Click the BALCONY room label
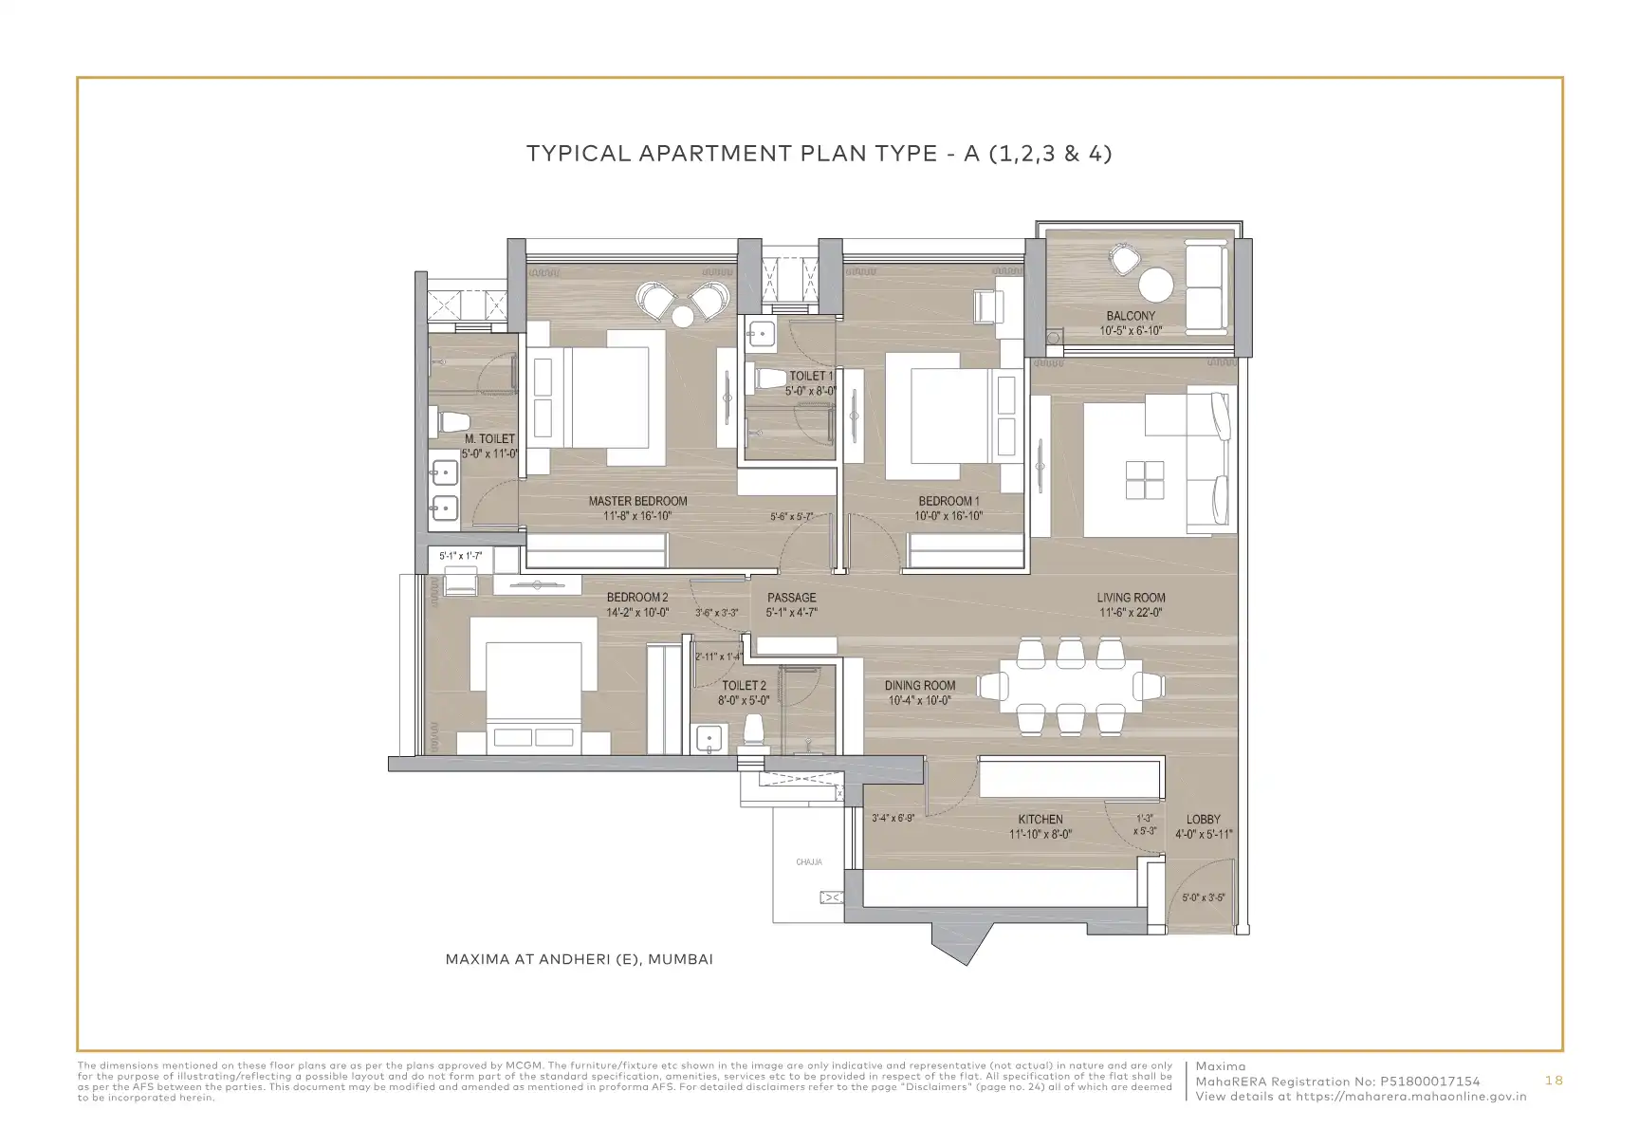(x=1131, y=316)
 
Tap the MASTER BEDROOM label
(x=637, y=501)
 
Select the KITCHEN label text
(x=1040, y=819)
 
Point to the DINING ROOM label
(x=920, y=685)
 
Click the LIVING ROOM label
(x=1132, y=598)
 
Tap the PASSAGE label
(x=792, y=598)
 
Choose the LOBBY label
(x=1204, y=819)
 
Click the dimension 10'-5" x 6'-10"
(x=1131, y=331)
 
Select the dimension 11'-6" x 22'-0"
(x=1132, y=613)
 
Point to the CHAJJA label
(x=809, y=862)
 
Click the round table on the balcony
(x=1156, y=285)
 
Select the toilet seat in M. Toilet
(x=451, y=420)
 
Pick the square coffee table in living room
(x=1145, y=479)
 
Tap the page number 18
(x=1554, y=1081)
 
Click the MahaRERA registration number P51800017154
(x=1429, y=1082)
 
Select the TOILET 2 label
(x=744, y=685)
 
